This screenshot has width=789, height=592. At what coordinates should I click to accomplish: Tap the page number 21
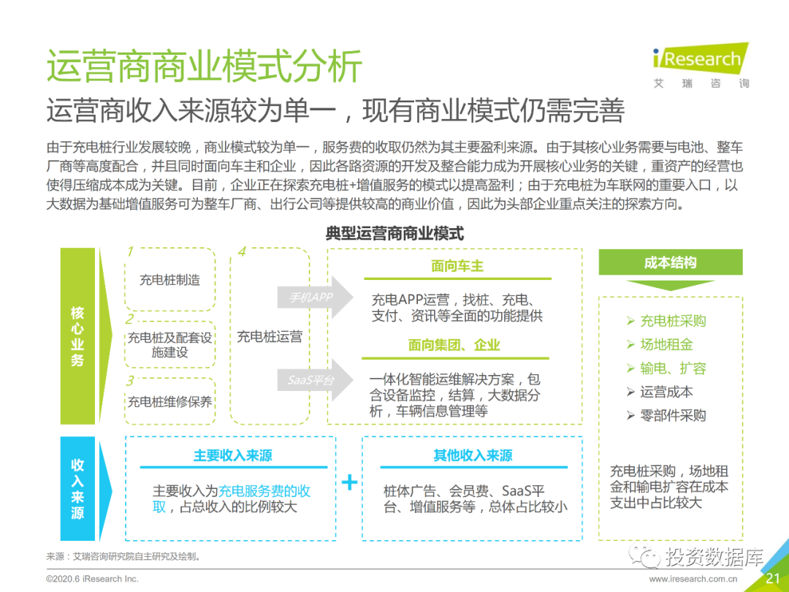click(x=773, y=579)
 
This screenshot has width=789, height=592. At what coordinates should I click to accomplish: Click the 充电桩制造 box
click(x=169, y=280)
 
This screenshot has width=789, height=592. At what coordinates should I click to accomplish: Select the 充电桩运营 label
click(x=270, y=337)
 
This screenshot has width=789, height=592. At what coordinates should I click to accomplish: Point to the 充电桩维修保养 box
click(x=169, y=401)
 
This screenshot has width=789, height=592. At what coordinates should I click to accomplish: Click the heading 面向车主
click(x=457, y=266)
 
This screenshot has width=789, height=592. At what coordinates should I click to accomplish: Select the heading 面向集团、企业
click(x=454, y=345)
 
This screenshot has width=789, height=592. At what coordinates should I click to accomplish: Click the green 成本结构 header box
click(x=670, y=262)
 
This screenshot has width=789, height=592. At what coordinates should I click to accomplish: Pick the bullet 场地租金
click(x=666, y=345)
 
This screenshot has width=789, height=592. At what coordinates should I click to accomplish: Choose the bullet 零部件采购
click(x=673, y=415)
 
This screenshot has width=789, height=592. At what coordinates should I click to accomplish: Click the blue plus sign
click(x=350, y=482)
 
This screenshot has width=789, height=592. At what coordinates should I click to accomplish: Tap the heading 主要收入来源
click(x=232, y=455)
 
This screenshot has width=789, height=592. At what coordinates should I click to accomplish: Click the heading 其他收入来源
click(x=473, y=455)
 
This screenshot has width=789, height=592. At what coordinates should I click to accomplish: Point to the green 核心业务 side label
click(x=77, y=336)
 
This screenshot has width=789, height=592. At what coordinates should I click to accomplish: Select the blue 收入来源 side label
click(x=77, y=488)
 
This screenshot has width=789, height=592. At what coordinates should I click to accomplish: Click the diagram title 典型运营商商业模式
click(x=394, y=234)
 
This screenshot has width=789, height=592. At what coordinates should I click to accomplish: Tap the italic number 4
click(x=241, y=252)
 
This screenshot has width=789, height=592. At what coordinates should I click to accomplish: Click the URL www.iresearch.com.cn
click(x=693, y=580)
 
